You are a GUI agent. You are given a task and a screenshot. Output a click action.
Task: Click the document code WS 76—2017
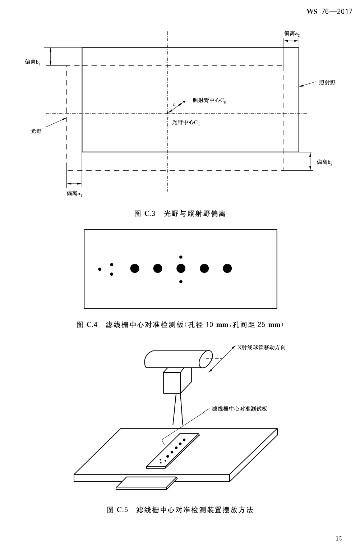point(329,12)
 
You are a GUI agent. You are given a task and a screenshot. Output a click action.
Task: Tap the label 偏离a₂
point(292,33)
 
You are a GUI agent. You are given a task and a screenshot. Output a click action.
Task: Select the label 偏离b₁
point(33,62)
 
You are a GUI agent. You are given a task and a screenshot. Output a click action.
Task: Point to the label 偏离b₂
point(324,162)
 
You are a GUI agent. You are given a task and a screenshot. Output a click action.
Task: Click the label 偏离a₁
point(74,194)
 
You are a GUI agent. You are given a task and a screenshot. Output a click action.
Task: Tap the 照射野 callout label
point(327,83)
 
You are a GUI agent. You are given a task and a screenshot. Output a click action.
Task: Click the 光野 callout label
point(36,131)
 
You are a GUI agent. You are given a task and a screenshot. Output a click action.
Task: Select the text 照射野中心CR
point(209,101)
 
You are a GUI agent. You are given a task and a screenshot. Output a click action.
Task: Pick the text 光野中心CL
point(186,123)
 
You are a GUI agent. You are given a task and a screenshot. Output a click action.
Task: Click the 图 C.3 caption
point(180,214)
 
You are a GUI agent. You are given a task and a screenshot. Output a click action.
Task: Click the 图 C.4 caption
point(180,325)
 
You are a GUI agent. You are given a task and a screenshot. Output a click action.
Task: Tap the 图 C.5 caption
point(180,510)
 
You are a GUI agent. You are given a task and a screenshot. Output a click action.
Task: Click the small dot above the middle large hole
point(181,257)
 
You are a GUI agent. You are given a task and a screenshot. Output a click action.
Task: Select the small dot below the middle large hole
point(181,282)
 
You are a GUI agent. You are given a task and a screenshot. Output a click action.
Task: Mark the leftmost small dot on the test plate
point(100,269)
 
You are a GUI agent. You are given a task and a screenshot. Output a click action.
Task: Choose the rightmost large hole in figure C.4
point(227,268)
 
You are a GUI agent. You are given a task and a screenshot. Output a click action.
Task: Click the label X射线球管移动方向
point(261,348)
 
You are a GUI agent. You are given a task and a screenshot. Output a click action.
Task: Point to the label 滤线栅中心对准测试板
point(239,409)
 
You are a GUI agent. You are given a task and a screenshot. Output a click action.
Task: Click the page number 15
point(339,538)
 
